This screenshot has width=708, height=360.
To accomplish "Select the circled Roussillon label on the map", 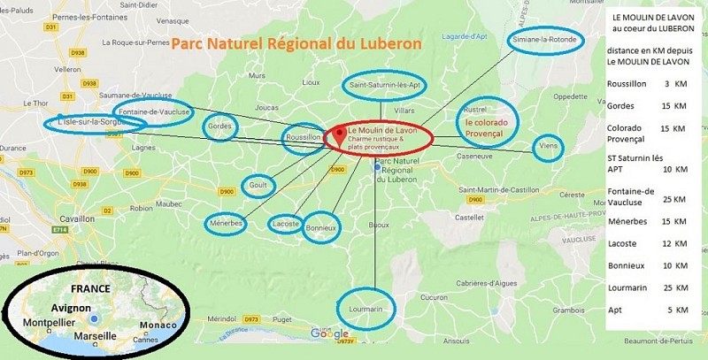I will [303, 139].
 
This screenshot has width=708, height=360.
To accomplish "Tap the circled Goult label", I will [258, 186].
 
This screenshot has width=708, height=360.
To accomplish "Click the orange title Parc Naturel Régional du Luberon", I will [296, 42].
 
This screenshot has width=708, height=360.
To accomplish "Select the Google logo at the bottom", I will [329, 333].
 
